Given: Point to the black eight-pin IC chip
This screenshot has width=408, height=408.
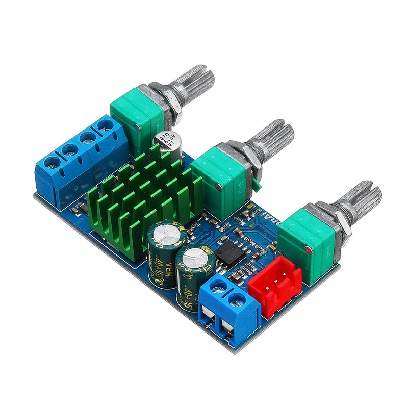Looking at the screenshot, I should (x=229, y=252).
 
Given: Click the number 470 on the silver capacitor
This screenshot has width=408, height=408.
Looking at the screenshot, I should (x=163, y=138).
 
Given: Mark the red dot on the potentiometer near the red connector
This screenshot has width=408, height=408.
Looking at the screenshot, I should (x=309, y=249).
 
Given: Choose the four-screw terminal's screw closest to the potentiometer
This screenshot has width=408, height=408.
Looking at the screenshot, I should (x=105, y=125).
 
